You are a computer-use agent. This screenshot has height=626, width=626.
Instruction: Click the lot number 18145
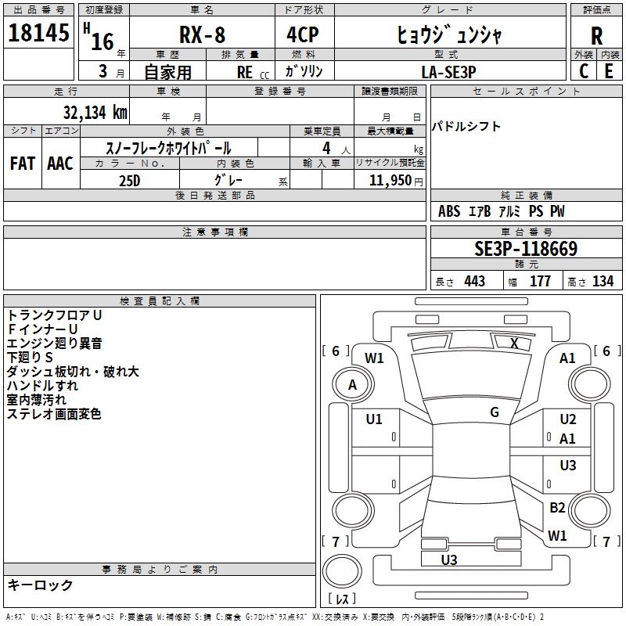point(38,34)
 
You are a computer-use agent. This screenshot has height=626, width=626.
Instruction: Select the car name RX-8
point(200,35)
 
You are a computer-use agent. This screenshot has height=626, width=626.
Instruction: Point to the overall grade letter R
point(596,35)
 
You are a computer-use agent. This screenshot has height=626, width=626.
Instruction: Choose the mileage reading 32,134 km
point(95,112)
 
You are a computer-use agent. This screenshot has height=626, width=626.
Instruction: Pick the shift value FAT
point(22,164)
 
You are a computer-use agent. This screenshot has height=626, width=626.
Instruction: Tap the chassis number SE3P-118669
point(526,249)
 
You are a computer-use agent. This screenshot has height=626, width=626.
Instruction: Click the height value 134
point(603,282)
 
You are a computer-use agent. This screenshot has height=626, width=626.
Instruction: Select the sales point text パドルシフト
point(466,127)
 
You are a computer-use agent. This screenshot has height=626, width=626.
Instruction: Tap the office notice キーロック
point(40,585)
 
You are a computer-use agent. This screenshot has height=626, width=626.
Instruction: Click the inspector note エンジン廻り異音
point(54,343)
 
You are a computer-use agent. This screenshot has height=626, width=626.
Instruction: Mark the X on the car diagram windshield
point(514,342)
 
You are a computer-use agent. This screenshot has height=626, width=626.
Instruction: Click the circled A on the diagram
point(352,384)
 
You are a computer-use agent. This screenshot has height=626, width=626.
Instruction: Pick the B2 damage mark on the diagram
point(557,508)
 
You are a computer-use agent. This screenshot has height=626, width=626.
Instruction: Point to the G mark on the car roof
point(495,412)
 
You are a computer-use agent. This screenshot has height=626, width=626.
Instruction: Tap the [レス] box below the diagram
point(342,599)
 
